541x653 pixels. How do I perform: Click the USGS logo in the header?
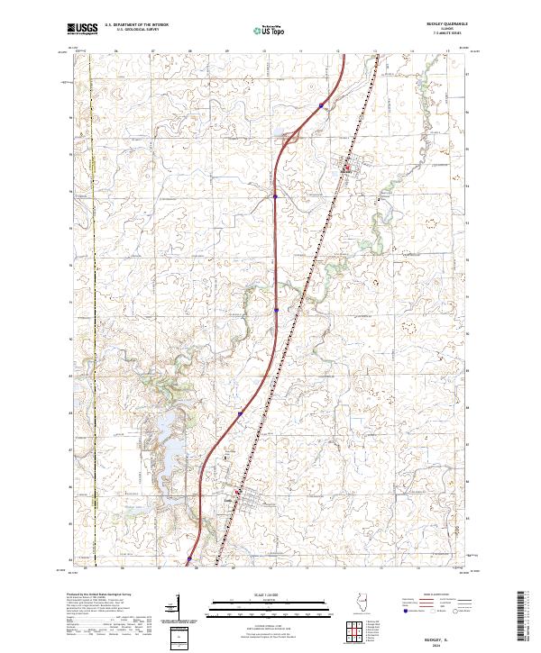click(x=82, y=30)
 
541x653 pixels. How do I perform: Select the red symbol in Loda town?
click(x=237, y=492)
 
